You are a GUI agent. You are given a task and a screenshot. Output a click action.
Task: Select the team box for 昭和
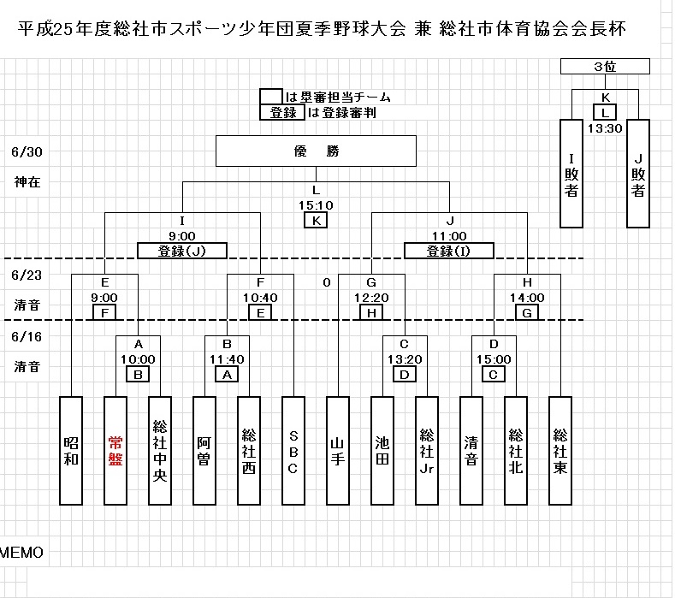coord(71,450)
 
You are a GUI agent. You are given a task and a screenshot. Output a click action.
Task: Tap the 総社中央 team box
coord(159,450)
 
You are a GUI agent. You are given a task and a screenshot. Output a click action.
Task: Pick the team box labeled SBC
coord(293,450)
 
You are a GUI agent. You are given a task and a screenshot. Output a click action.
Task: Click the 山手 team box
coord(337,450)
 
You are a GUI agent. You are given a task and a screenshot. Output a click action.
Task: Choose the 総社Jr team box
coord(426,450)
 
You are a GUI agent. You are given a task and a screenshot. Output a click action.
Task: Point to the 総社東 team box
coord(560,450)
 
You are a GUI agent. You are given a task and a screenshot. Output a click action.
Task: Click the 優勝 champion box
coord(316,151)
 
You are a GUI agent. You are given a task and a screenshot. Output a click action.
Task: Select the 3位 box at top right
coord(605,67)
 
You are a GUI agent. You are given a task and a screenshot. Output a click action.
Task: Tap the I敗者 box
coord(571,174)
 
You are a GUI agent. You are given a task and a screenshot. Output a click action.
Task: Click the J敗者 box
coord(638,174)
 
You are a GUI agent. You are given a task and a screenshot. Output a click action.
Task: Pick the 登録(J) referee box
coord(181,251)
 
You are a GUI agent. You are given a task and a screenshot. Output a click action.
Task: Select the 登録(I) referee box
coord(449,251)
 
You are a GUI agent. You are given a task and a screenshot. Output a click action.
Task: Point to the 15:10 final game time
coord(315,205)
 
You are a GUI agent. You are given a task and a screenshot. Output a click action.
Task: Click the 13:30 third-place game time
coord(604,128)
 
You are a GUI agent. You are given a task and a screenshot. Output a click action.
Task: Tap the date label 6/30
coord(27,152)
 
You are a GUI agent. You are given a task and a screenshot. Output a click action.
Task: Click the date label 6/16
coord(27,338)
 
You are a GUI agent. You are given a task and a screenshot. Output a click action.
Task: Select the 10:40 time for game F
coord(260,298)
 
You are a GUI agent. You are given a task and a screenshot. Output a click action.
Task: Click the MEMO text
coord(21,553)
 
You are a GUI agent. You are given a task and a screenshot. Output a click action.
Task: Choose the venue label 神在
coord(27,181)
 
